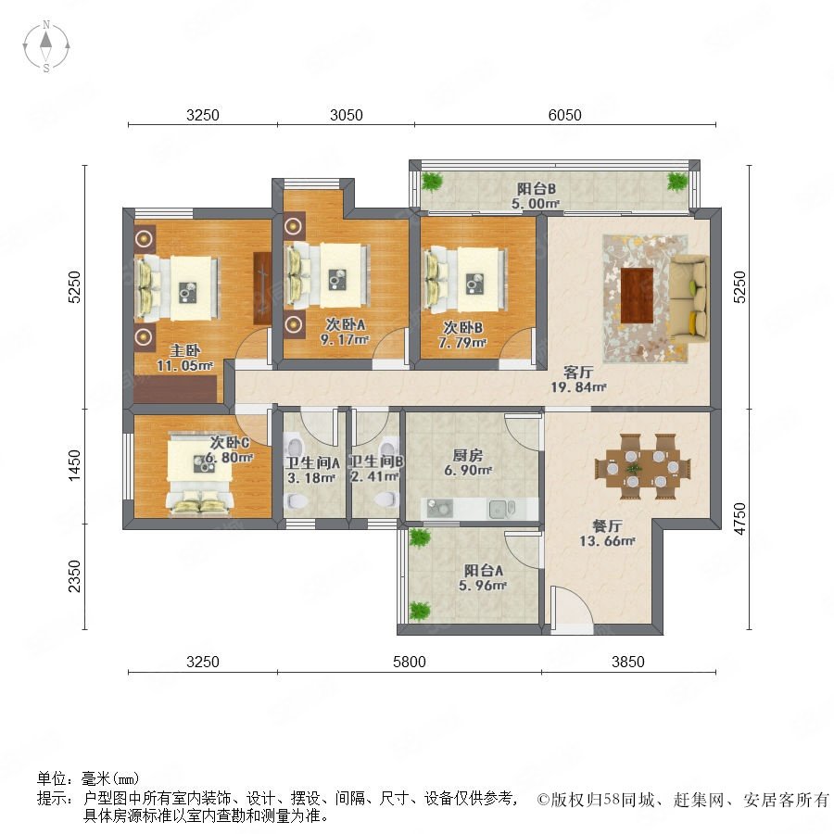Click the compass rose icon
click(46, 45)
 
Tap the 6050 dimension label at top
click(565, 115)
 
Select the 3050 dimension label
click(347, 115)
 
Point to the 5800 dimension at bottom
click(410, 662)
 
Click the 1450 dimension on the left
click(74, 465)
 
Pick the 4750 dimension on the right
click(739, 519)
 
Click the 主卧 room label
click(184, 350)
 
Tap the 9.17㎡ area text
click(345, 339)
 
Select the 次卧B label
click(462, 327)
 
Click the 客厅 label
click(578, 372)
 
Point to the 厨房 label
click(468, 455)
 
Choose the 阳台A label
click(484, 571)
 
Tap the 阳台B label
click(537, 189)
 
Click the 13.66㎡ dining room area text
click(607, 541)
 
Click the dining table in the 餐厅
click(643, 468)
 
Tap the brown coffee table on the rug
click(637, 296)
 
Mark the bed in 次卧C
click(199, 476)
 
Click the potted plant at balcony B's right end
click(677, 182)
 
